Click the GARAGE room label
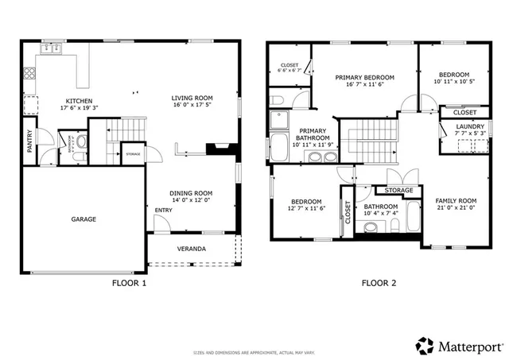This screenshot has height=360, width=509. [x=84, y=219]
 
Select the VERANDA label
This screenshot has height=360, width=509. [x=191, y=249]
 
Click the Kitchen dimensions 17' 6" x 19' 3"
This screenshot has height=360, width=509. [x=79, y=108]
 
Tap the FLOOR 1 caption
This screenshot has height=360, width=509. [x=128, y=282]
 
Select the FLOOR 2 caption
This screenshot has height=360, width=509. [x=379, y=282]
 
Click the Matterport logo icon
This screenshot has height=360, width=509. [x=425, y=345]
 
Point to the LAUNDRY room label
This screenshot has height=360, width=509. [x=469, y=126]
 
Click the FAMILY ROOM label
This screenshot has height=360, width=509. [x=456, y=200]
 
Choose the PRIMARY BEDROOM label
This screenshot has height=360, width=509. [x=364, y=78]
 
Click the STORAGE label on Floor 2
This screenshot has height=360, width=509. [x=398, y=191]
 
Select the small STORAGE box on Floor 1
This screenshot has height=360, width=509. [x=132, y=154]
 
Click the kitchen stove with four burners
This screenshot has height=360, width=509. [x=29, y=75]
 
